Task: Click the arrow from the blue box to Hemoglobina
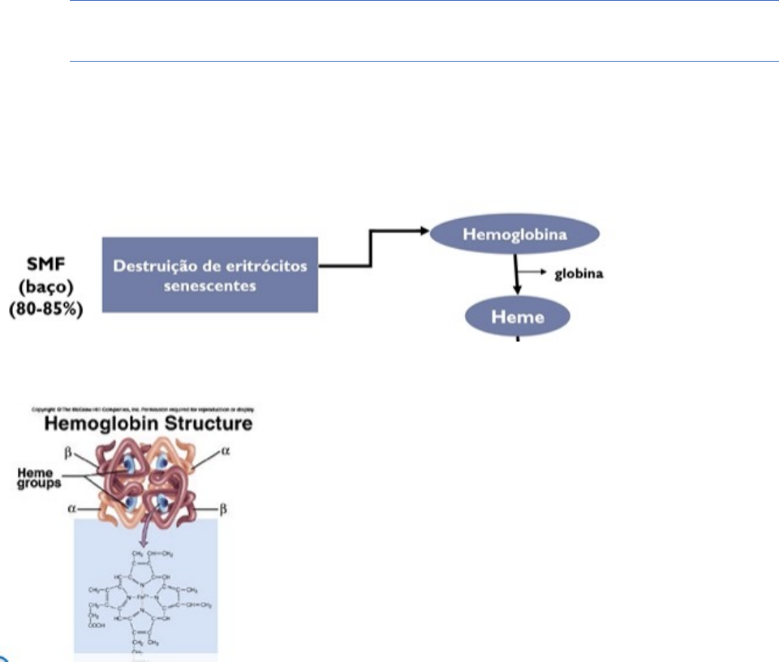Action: click(371, 247)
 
